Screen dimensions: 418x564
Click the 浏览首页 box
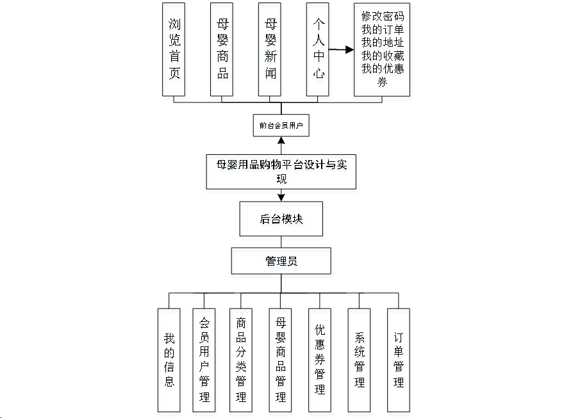[x=174, y=49]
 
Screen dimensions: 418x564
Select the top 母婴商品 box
[x=222, y=49]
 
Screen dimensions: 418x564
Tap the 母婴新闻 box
[x=270, y=49]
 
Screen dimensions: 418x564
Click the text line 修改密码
[x=382, y=15]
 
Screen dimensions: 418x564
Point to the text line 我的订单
[x=382, y=29]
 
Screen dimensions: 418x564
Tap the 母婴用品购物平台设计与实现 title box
[x=281, y=172]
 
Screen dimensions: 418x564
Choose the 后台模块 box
[x=281, y=219]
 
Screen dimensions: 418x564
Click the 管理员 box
[x=281, y=261]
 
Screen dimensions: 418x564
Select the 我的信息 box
[x=169, y=360]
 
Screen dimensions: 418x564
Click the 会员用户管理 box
[x=204, y=360]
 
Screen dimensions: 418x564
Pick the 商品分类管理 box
[x=241, y=360]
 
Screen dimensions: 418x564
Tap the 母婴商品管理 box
[x=281, y=360]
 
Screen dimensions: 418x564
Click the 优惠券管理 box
[x=320, y=360]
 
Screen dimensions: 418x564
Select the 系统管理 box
[x=360, y=360]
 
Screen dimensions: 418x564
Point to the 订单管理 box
[x=399, y=360]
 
